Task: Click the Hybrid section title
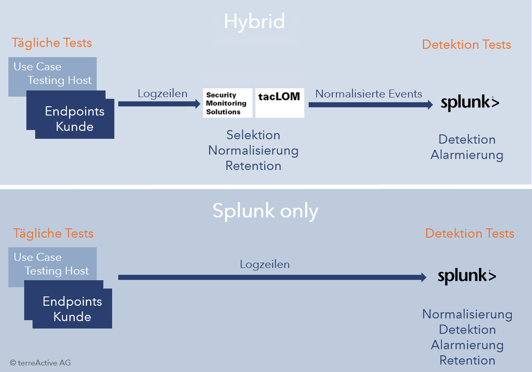pyautogui.click(x=254, y=22)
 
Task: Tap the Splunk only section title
pyautogui.click(x=265, y=211)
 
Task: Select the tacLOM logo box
pyautogui.click(x=280, y=103)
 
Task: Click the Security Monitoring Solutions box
pyautogui.click(x=227, y=103)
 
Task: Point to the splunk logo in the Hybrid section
pyautogui.click(x=470, y=103)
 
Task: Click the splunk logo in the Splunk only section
pyautogui.click(x=467, y=276)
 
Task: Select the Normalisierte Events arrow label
pyautogui.click(x=368, y=94)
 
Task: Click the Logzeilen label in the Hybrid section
pyautogui.click(x=162, y=94)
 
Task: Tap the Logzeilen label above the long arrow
pyautogui.click(x=265, y=264)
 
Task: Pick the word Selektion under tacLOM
pyautogui.click(x=253, y=135)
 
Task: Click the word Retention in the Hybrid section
pyautogui.click(x=253, y=166)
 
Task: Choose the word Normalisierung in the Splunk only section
pyautogui.click(x=467, y=314)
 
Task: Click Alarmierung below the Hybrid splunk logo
pyautogui.click(x=467, y=155)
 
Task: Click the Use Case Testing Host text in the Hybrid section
pyautogui.click(x=52, y=73)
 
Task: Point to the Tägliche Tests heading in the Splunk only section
pyautogui.click(x=53, y=234)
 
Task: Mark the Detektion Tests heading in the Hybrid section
pyautogui.click(x=466, y=45)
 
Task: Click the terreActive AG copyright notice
pyautogui.click(x=40, y=363)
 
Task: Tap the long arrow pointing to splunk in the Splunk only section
pyautogui.click(x=272, y=277)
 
